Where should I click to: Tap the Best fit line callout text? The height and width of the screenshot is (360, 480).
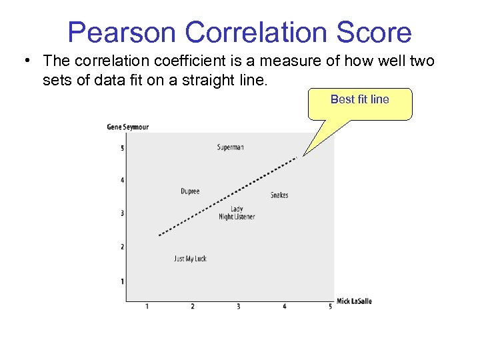coord(359,99)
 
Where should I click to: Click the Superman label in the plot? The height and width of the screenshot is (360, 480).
coord(230,147)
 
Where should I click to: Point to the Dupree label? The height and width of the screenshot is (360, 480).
coord(190,191)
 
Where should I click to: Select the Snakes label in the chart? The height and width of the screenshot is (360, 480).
coord(279,195)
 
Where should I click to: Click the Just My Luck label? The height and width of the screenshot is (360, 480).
coord(190,259)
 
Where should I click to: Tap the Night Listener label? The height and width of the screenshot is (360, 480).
coord(237,217)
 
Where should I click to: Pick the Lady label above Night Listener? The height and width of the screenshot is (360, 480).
coord(237,209)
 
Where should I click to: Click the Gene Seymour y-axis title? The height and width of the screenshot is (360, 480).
coord(128,127)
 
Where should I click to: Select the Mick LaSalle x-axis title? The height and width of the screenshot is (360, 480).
coord(354,301)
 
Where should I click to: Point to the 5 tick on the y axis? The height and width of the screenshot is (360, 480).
coord(121,148)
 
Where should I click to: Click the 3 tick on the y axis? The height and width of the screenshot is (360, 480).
coord(121,213)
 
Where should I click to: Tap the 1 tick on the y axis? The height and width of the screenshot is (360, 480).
coord(121,281)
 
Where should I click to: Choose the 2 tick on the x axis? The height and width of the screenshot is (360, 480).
coord(193,307)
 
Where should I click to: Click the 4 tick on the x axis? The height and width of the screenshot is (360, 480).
coord(285,307)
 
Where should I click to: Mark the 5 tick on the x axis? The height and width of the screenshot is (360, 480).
coord(330,307)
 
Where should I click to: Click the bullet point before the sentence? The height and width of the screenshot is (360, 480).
coord(25,61)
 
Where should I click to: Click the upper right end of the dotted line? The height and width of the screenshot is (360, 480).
coord(296,158)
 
